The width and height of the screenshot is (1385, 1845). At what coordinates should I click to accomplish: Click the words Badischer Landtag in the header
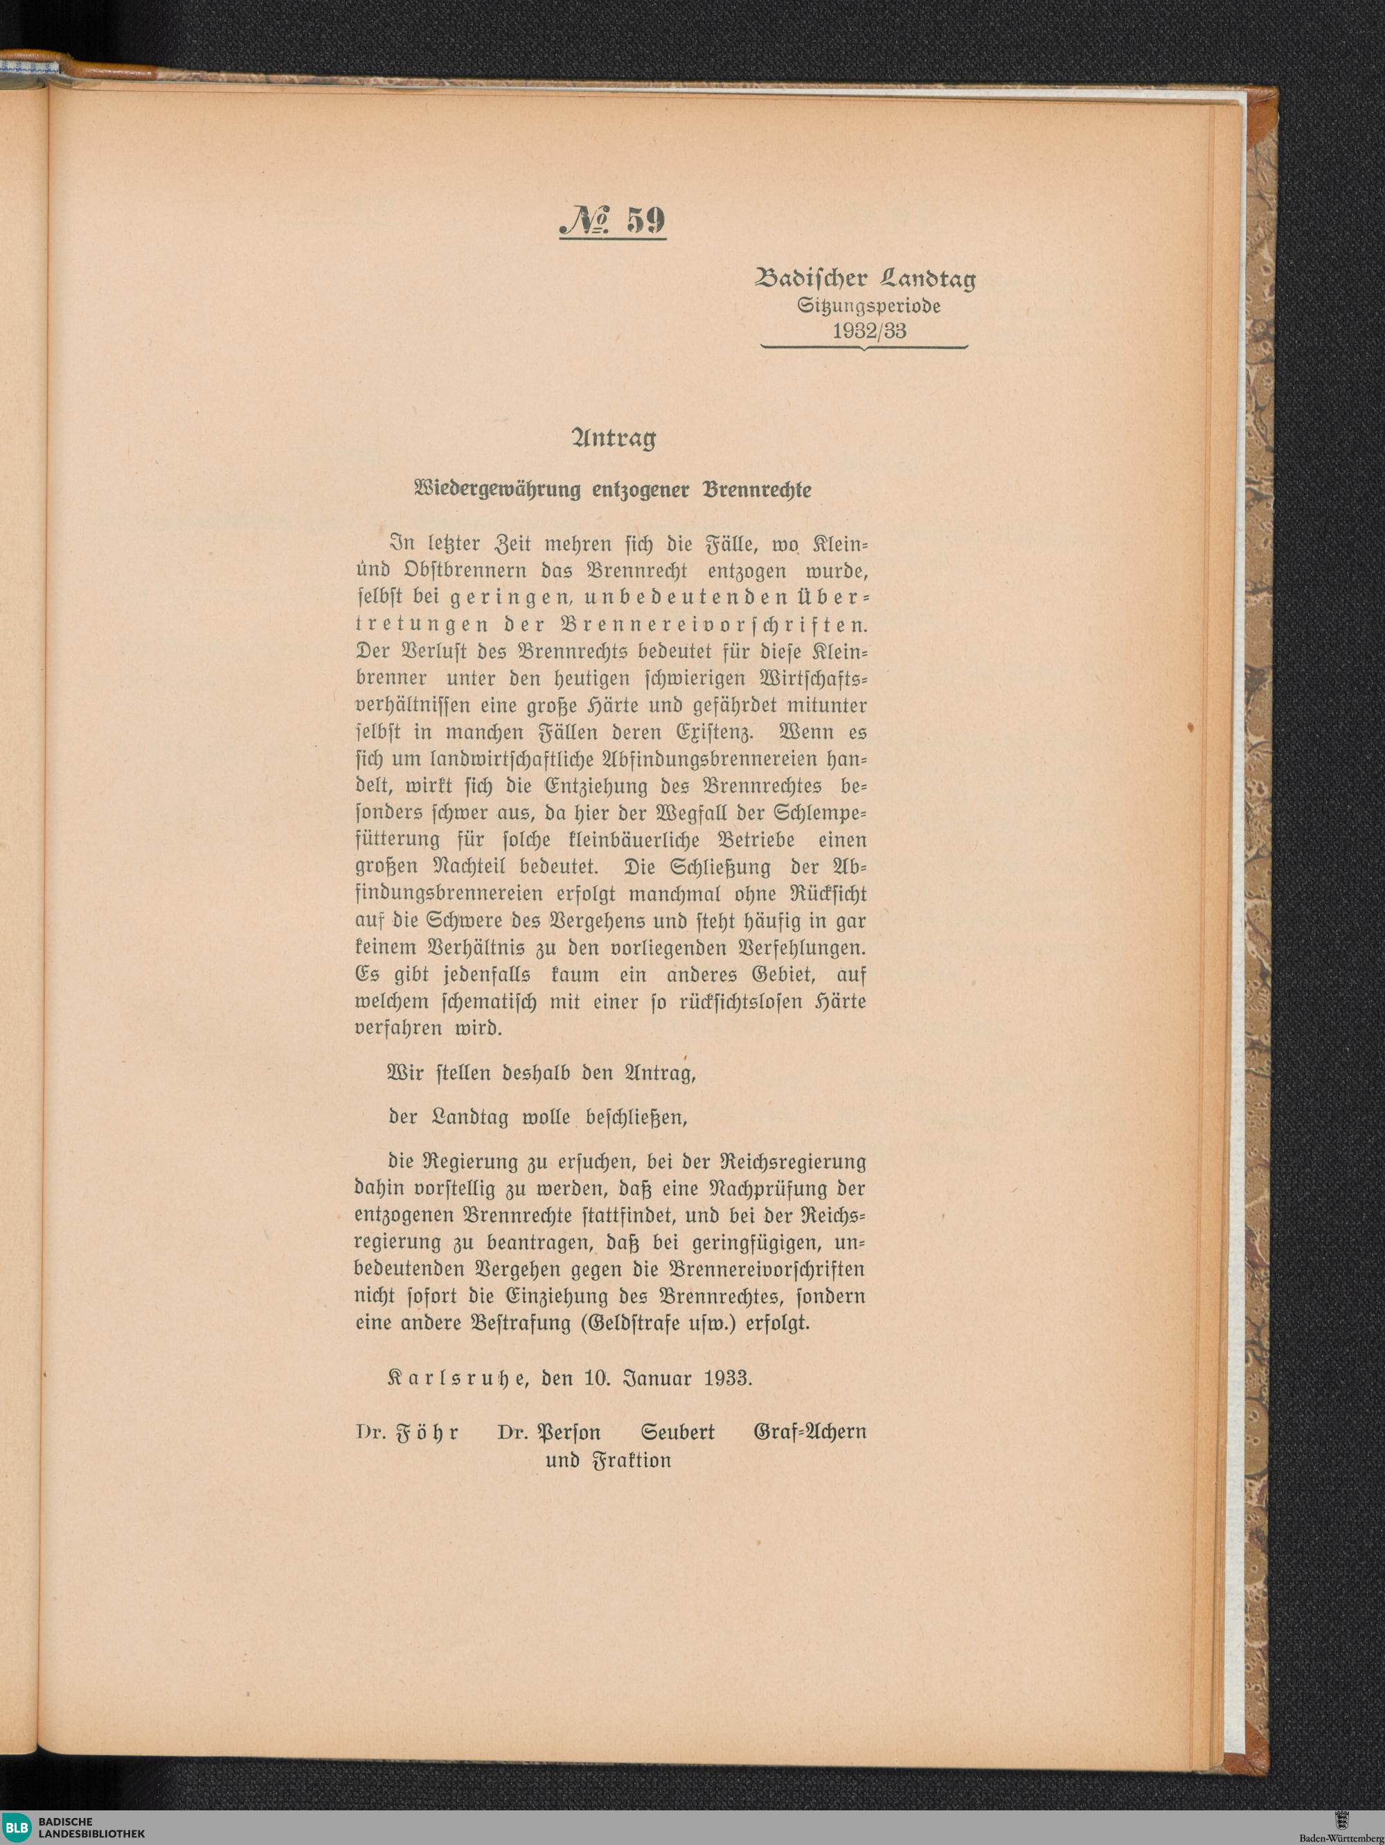pos(865,281)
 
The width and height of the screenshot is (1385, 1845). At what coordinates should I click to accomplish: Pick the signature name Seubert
pos(678,1432)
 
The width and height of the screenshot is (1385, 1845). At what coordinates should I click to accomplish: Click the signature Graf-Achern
pos(809,1432)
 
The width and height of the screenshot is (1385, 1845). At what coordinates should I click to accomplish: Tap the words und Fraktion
pos(608,1460)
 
